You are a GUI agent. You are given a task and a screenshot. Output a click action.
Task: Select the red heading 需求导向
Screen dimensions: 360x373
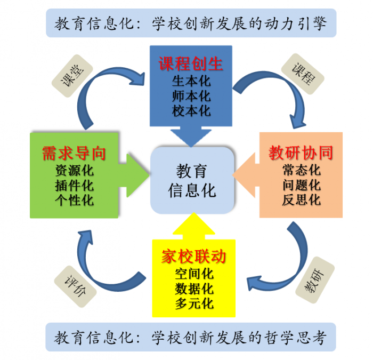click(74, 154)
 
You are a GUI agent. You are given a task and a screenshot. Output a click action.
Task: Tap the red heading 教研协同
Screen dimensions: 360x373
click(301, 154)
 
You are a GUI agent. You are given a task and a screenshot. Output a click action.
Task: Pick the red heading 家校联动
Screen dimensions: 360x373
click(193, 257)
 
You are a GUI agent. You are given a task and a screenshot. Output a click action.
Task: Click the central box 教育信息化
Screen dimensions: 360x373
click(192, 181)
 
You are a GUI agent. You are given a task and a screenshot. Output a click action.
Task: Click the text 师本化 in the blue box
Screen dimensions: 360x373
click(191, 97)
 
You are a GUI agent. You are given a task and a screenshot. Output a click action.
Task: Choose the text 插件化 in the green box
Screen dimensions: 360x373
click(74, 186)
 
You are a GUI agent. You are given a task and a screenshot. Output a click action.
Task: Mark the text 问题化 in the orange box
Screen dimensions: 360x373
click(302, 185)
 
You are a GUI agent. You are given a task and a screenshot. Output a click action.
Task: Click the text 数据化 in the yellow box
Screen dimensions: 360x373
click(194, 289)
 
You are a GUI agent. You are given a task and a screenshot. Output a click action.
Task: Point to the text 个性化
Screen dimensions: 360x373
click(74, 201)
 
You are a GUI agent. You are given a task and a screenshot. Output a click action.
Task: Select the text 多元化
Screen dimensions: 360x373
click(194, 304)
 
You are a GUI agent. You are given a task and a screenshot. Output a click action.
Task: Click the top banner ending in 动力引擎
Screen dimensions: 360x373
click(191, 23)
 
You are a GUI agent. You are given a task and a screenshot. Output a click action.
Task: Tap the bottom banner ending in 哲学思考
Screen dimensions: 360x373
click(190, 337)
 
